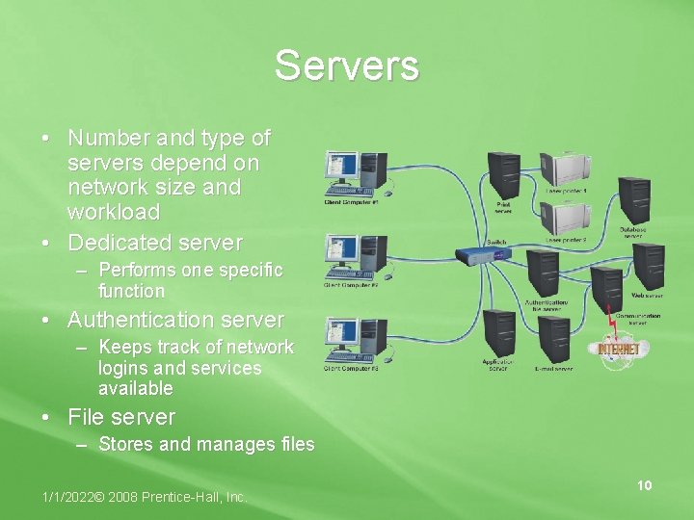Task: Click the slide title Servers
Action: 346,65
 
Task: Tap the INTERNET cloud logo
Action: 618,349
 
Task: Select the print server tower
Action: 504,173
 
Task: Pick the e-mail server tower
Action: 555,340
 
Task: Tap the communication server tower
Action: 607,289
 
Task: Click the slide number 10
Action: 644,485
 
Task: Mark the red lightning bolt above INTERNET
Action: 610,325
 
